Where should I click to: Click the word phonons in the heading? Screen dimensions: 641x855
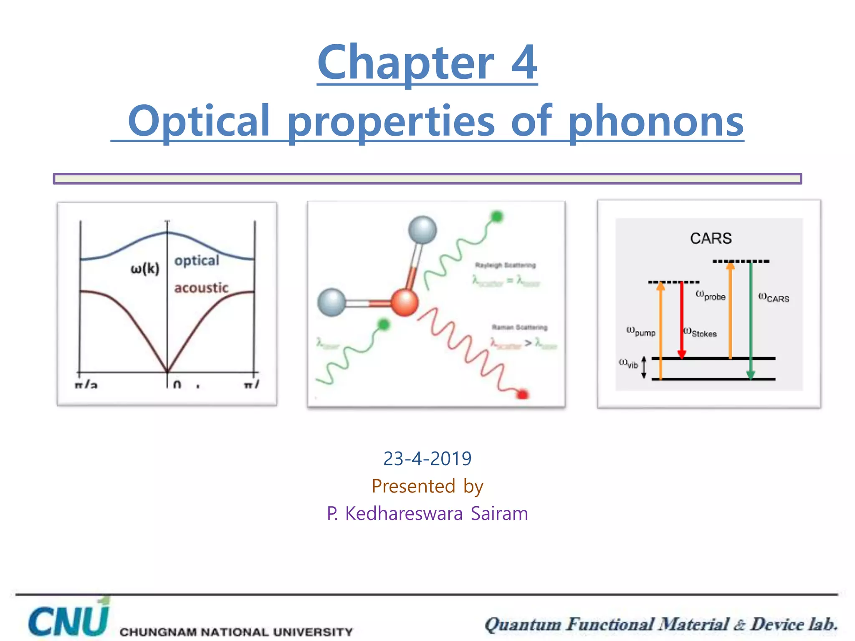[656, 121]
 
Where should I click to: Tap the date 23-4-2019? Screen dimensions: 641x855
[427, 459]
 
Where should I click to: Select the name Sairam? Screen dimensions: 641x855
[499, 513]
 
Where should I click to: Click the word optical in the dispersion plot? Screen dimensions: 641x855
[196, 260]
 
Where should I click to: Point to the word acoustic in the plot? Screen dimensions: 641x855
[201, 288]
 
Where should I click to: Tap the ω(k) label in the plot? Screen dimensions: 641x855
[145, 268]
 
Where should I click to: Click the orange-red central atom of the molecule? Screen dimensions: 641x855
[405, 302]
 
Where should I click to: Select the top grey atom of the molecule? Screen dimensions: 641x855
[422, 230]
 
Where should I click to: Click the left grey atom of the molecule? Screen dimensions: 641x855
[332, 302]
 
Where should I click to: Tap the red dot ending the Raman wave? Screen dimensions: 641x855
[522, 394]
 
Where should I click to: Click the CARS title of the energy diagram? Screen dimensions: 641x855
[711, 239]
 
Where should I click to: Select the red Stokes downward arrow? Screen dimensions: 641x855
[682, 319]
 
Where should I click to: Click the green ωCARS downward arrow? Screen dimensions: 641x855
[750, 319]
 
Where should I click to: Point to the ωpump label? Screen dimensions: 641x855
[641, 331]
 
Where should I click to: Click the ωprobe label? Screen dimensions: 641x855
[711, 295]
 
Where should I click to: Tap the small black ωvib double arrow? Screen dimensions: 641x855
[643, 367]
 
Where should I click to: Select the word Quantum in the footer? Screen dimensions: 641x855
[523, 625]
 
